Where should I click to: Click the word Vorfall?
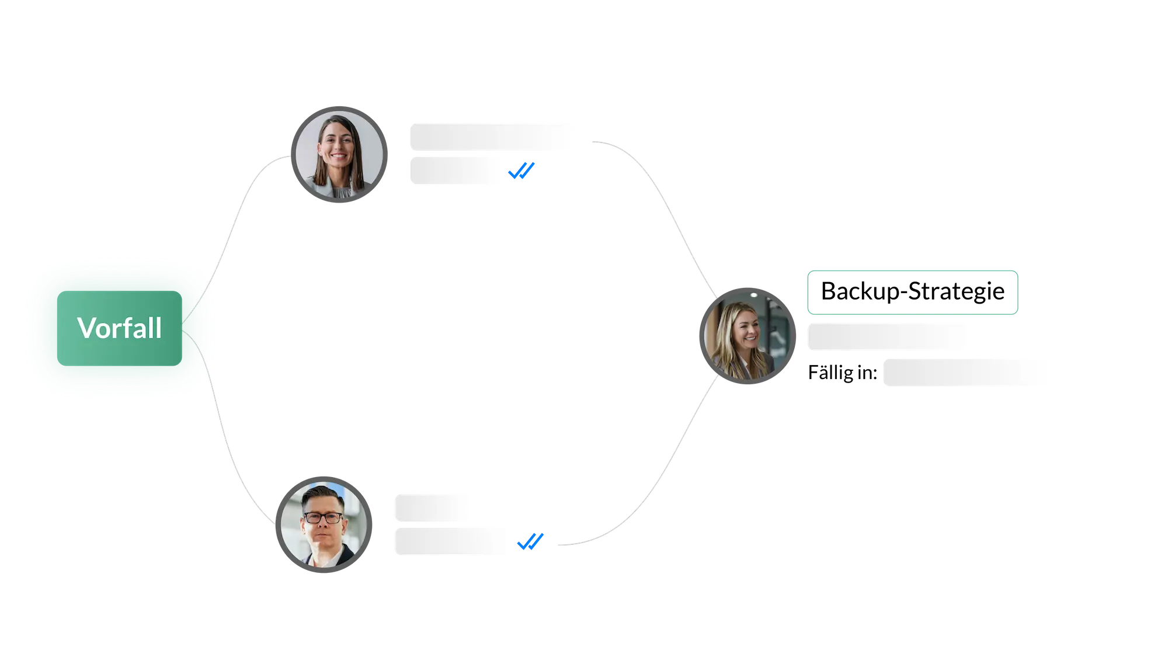(x=119, y=328)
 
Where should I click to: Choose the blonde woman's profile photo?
(x=747, y=336)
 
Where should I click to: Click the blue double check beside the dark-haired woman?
(x=521, y=171)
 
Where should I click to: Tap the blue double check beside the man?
(x=530, y=541)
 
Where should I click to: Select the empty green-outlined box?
(x=912, y=291)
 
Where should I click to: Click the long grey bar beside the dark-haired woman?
(x=492, y=138)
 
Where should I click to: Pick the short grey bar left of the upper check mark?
(x=455, y=171)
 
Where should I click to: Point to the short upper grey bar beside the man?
(x=432, y=506)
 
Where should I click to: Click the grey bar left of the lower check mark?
(x=452, y=542)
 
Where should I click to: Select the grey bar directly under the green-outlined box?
(x=889, y=336)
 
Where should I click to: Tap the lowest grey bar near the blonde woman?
(x=965, y=373)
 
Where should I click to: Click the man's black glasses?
(x=322, y=517)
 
